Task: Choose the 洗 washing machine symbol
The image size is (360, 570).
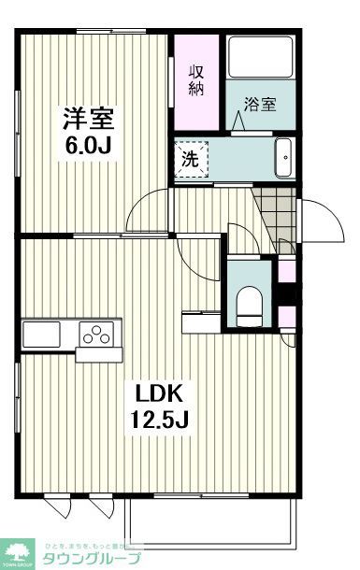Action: (x=190, y=158)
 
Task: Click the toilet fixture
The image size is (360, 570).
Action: (x=250, y=304)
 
